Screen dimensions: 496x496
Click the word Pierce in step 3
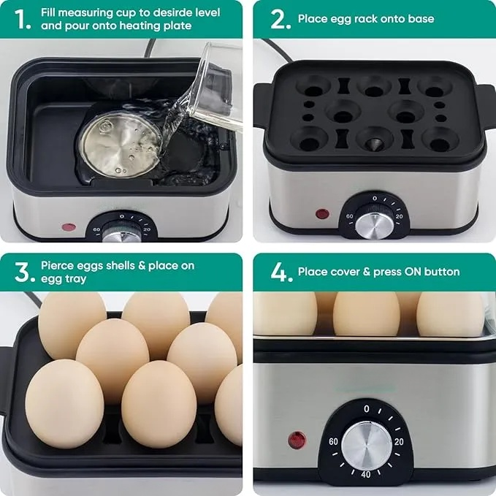point(57,265)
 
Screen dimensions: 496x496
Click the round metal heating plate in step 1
point(121,145)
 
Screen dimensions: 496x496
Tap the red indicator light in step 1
point(69,226)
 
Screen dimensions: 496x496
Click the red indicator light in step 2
point(322,213)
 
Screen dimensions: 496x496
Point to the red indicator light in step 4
point(297,440)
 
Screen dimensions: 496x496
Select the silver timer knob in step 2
point(375,225)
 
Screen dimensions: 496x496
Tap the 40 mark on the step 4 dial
point(366,475)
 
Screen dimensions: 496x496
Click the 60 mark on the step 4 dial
point(333,442)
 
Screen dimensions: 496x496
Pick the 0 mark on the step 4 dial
point(366,409)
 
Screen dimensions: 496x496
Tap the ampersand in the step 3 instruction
point(142,265)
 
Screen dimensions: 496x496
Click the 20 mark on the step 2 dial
point(399,216)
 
